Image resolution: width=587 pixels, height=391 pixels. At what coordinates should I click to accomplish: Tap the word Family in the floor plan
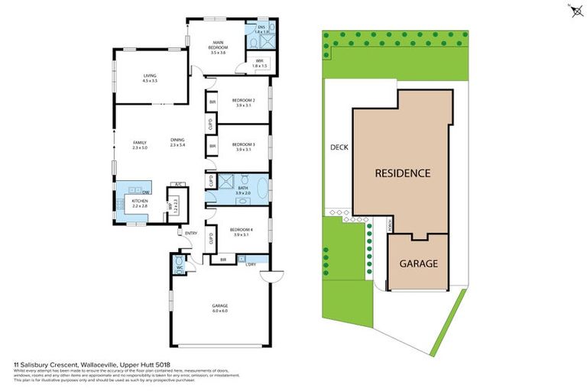coord(139,143)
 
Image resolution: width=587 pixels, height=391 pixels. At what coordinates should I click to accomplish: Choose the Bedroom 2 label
coord(243,101)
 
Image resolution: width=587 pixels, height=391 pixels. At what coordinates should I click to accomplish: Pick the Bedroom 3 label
coord(243,144)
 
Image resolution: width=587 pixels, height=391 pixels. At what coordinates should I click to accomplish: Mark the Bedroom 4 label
coord(243,231)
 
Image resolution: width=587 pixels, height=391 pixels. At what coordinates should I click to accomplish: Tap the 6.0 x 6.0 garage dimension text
coord(220,312)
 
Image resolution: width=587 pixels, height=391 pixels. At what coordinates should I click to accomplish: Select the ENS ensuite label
coord(260,27)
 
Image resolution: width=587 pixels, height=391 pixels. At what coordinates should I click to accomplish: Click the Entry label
coord(190,233)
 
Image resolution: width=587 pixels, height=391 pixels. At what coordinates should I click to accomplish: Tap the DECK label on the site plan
coord(339,147)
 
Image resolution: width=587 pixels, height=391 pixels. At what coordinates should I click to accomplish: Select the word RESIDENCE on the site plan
coord(402,173)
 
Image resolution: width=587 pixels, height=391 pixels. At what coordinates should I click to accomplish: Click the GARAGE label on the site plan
coord(419,263)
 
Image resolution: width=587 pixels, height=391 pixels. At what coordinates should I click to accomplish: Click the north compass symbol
coord(573,11)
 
